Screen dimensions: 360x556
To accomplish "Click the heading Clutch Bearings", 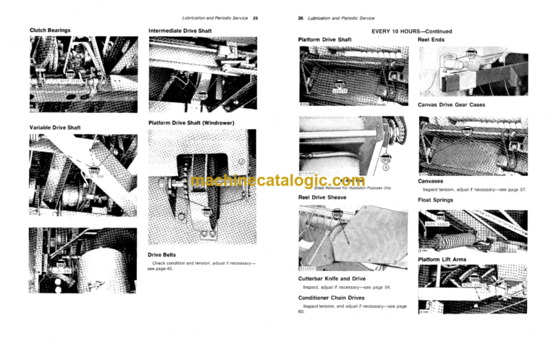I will [50, 30].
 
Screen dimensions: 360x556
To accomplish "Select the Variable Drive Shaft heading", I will [55, 127].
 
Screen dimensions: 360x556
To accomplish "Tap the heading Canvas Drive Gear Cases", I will [451, 104].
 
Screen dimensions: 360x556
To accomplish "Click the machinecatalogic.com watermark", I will [278, 180].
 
